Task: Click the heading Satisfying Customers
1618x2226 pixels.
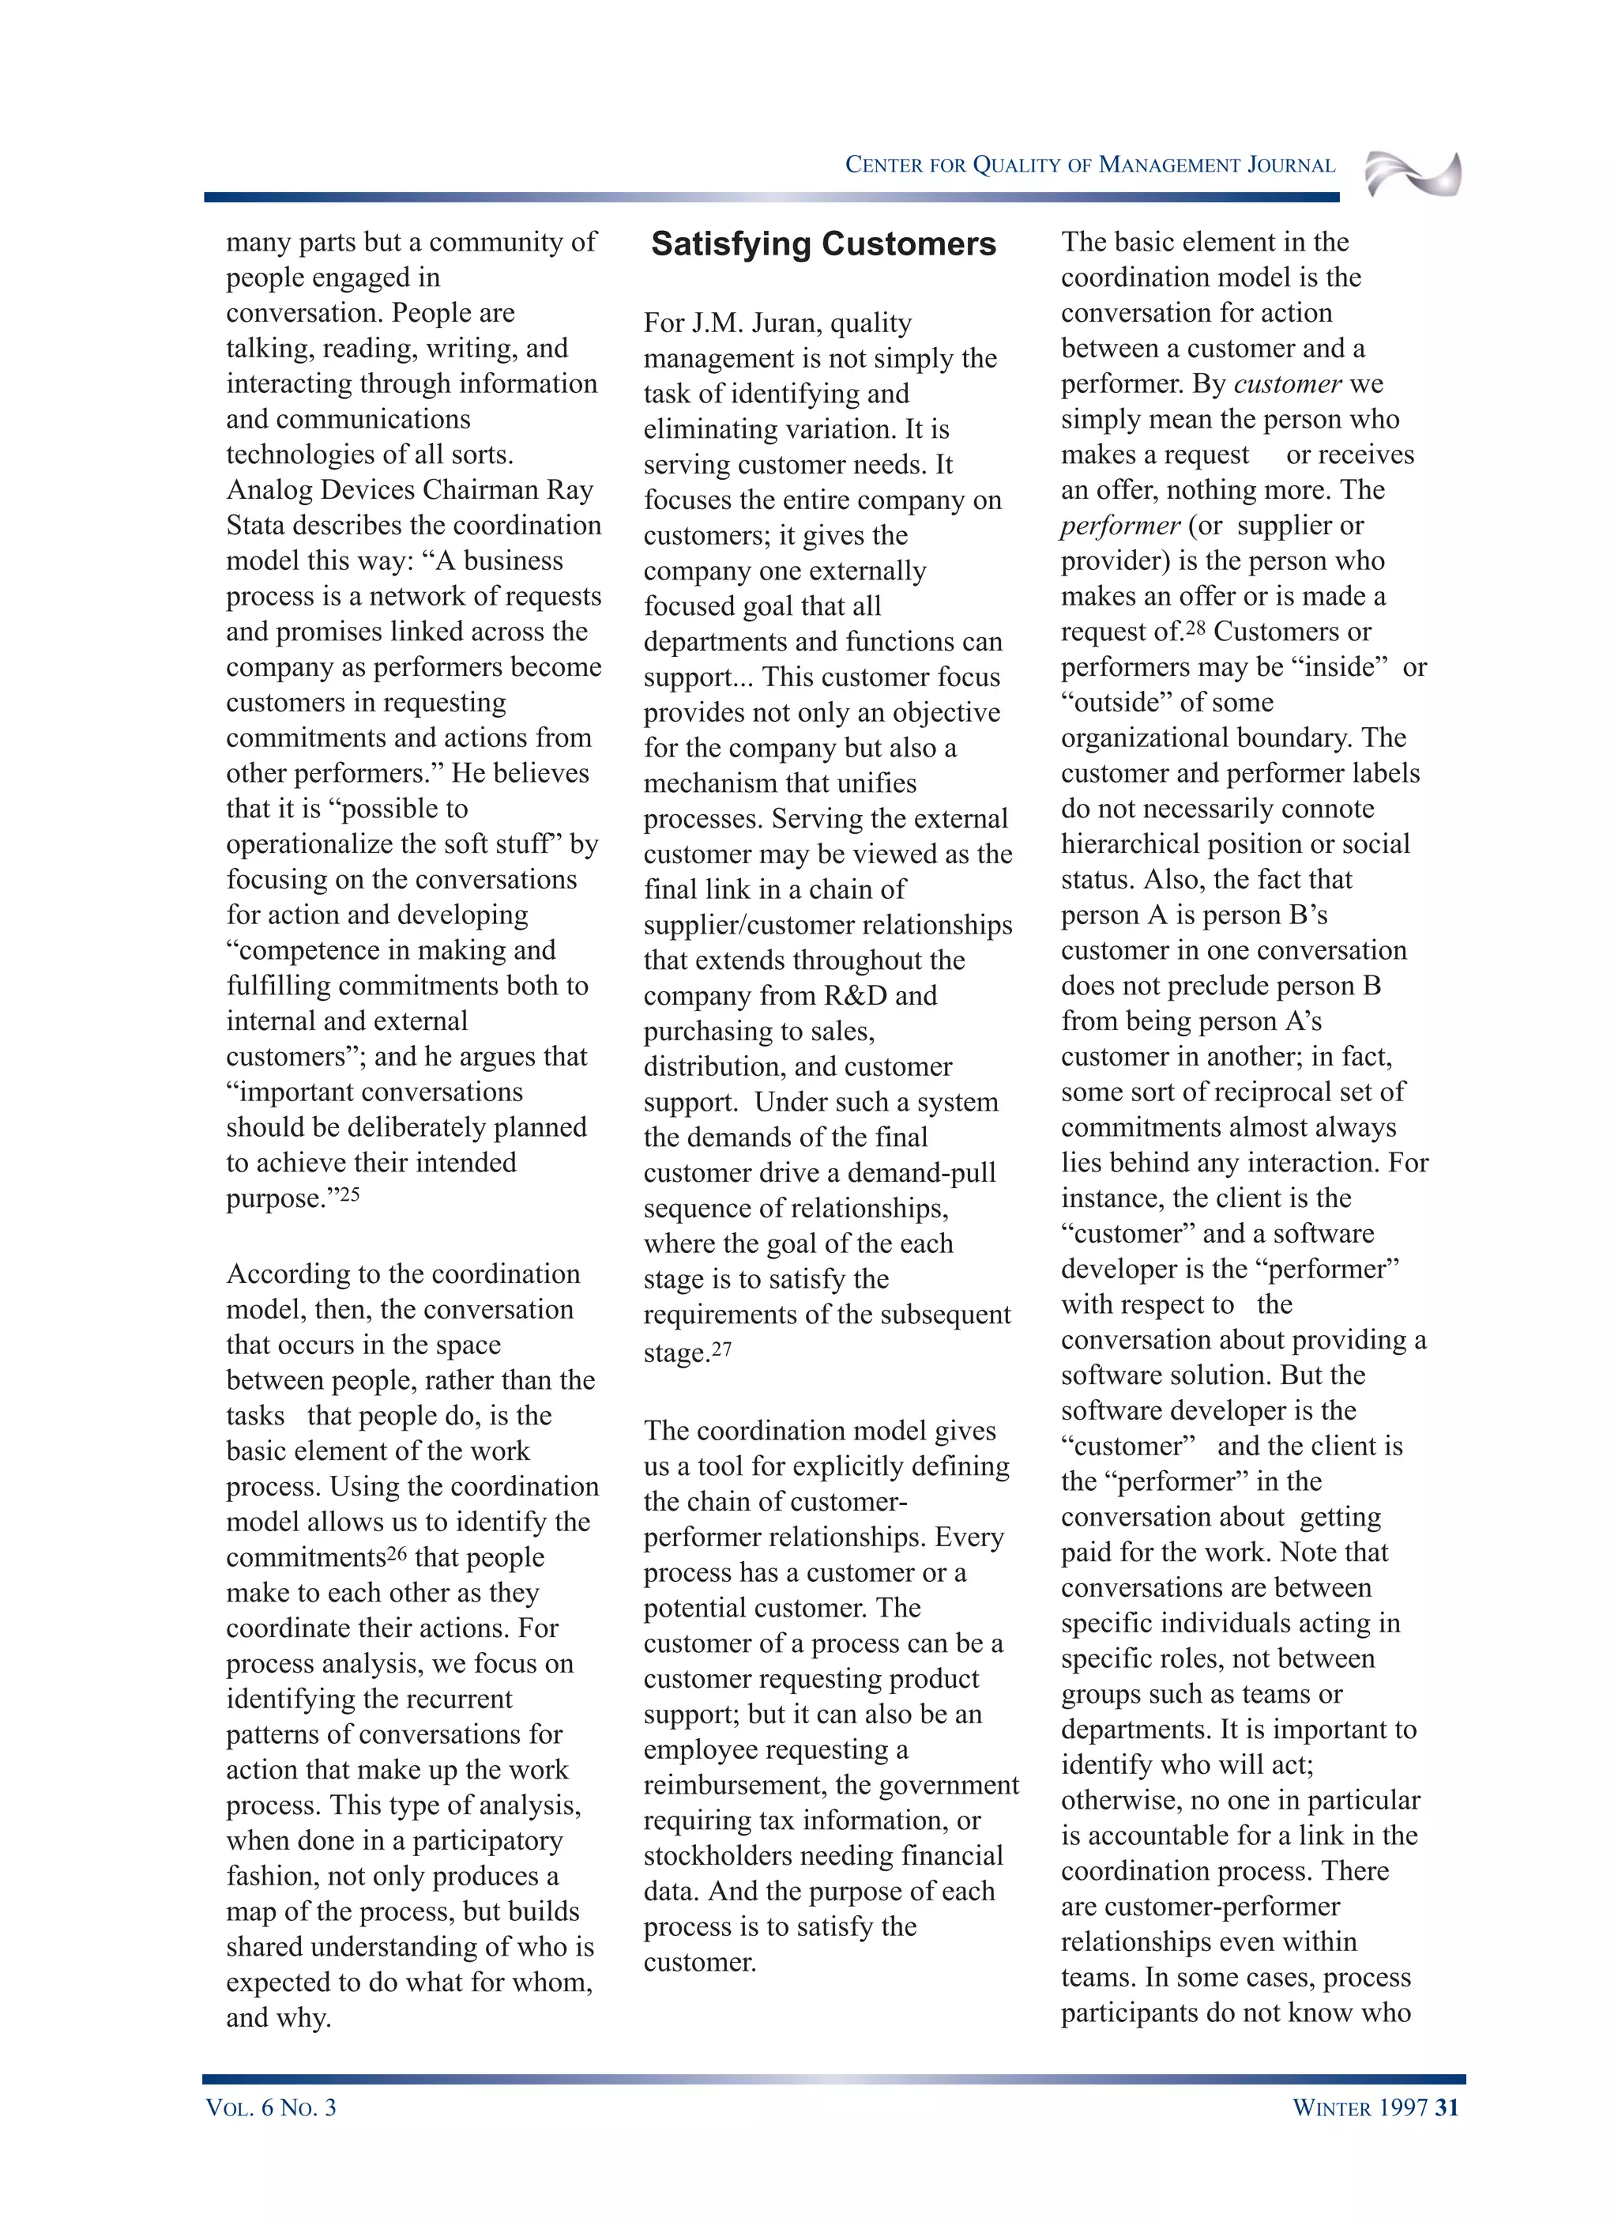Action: click(822, 243)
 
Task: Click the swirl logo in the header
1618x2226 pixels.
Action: click(1412, 174)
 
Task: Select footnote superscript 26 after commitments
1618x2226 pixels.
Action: click(397, 1553)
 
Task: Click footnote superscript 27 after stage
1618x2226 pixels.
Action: click(721, 1349)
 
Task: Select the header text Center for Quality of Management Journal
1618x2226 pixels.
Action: click(1089, 165)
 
